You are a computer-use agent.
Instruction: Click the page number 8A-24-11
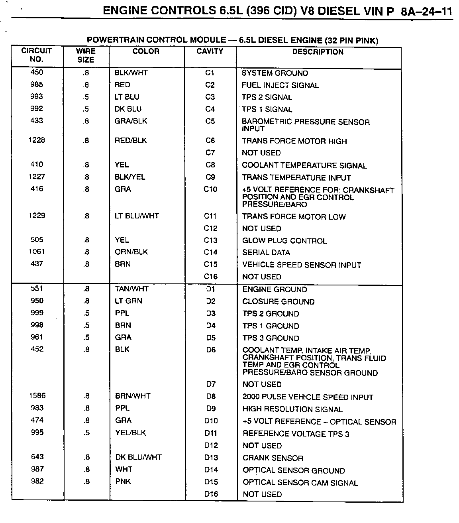pos(427,11)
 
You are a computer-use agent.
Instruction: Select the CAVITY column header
pos(210,51)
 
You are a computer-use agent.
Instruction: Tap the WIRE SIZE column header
pos(86,55)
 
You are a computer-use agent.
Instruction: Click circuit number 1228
pos(37,140)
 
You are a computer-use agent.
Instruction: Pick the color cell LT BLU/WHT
pos(137,216)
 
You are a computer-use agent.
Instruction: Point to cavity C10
pos(210,189)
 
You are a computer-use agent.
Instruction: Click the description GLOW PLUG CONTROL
pos(284,241)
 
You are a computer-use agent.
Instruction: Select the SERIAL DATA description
pos(266,252)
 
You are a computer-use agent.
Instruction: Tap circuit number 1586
pos(37,396)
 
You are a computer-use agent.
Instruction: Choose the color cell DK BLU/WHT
pos(138,457)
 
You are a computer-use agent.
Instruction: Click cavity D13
pos(211,458)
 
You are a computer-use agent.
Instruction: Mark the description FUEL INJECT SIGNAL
pos(280,85)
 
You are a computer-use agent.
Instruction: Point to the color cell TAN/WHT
pos(131,289)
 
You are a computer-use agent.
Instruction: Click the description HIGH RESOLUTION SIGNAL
pos(292,409)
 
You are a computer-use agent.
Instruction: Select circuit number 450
pos(37,73)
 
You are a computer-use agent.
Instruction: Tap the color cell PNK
pos(123,482)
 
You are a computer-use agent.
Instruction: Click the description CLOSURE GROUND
pos(279,302)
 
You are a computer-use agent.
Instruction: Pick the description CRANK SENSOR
pos(273,458)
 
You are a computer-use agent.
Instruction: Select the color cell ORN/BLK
pos(131,252)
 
